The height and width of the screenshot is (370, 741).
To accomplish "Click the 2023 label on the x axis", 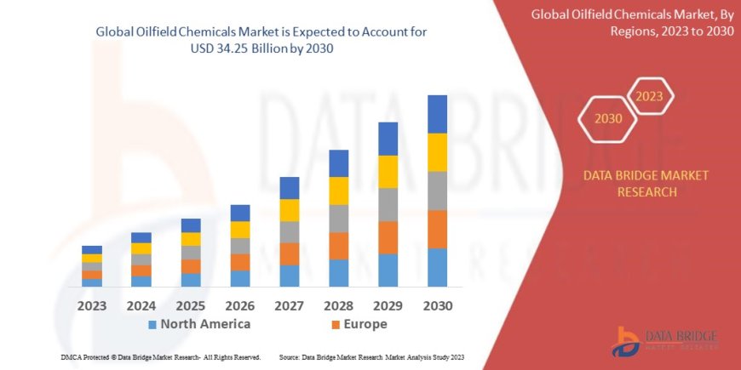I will (x=92, y=305).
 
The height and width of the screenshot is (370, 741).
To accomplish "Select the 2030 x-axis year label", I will (x=437, y=305).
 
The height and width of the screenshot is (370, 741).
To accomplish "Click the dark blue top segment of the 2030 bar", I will (x=437, y=114).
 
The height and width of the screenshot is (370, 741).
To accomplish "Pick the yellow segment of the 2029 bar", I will (x=388, y=172).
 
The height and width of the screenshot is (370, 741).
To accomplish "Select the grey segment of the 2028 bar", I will (x=338, y=219).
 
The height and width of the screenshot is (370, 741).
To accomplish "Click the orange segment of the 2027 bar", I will (x=289, y=253).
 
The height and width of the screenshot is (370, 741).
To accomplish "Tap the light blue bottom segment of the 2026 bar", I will (x=240, y=278).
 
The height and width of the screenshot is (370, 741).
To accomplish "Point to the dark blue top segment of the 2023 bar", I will (x=92, y=250).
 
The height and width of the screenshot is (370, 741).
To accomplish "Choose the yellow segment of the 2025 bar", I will (x=191, y=239).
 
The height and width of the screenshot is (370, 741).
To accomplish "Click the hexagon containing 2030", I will (x=607, y=119).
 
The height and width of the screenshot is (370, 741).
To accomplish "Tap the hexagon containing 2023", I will (x=650, y=96).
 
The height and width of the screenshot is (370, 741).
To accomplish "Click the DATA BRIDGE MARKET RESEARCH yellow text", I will (x=645, y=183).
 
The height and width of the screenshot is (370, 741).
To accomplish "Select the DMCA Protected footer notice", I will (x=161, y=356).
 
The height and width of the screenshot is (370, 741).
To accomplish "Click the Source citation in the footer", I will (x=371, y=356).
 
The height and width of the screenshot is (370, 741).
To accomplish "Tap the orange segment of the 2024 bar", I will (x=141, y=270).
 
